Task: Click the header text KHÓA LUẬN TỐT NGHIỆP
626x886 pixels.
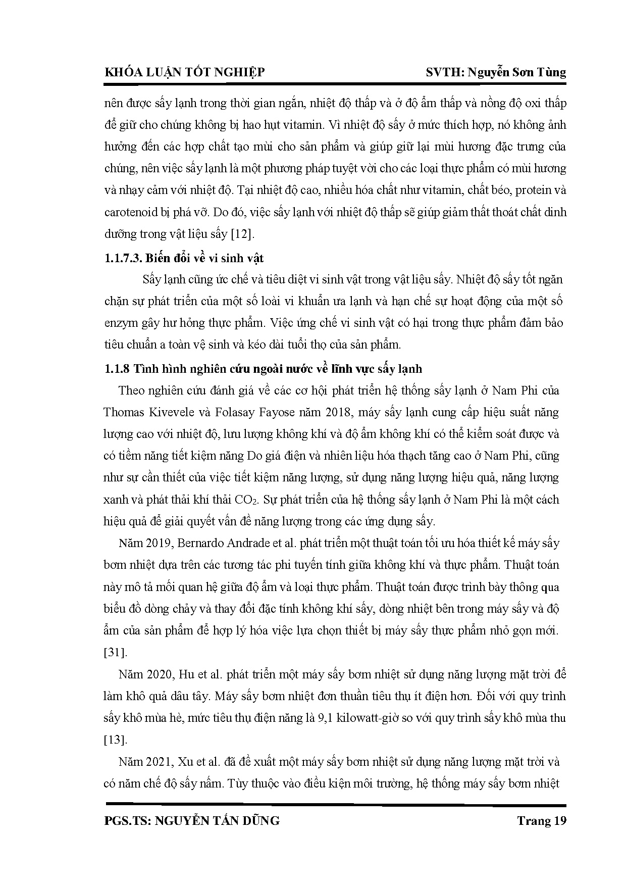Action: tap(184, 72)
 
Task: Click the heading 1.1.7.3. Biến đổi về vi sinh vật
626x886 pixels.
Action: tap(184, 258)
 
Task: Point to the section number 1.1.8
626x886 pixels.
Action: tap(117, 369)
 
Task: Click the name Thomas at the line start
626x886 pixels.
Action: tap(124, 413)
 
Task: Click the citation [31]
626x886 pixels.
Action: tap(115, 653)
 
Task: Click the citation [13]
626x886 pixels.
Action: tap(115, 740)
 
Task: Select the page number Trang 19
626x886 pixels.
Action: tap(542, 821)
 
